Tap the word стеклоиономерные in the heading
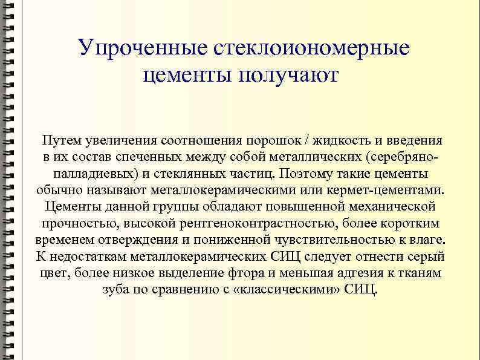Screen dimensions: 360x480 pyautogui.click(x=309, y=48)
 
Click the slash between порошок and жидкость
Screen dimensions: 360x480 pyautogui.click(x=308, y=141)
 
